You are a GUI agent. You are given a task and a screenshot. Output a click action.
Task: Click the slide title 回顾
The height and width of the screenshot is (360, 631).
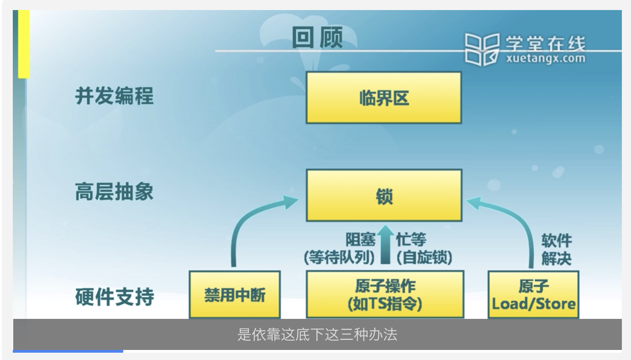click(x=317, y=38)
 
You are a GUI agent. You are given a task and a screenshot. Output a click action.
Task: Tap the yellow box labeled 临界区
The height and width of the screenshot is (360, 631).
click(x=384, y=98)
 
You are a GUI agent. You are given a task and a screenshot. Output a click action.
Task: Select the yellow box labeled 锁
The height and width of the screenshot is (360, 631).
click(x=384, y=196)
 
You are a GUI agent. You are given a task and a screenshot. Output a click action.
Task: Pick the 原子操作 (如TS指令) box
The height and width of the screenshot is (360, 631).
click(x=384, y=295)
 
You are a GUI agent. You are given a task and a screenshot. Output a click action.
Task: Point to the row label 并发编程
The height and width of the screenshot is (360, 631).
click(x=114, y=96)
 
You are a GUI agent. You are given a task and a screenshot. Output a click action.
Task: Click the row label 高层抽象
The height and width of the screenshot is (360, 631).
click(x=114, y=192)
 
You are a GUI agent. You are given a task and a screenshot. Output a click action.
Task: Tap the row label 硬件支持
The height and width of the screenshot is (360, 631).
click(x=114, y=297)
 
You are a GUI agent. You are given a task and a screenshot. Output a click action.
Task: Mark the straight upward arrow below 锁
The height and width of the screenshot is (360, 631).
click(x=386, y=244)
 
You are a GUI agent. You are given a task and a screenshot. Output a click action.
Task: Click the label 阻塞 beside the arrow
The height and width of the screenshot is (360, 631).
click(x=361, y=240)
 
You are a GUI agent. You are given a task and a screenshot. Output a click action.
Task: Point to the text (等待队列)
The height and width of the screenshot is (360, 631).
click(x=339, y=257)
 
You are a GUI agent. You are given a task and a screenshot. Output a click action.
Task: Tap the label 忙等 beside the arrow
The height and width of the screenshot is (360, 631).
click(x=411, y=240)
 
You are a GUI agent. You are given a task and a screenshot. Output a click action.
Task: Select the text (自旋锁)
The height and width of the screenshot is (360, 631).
click(x=424, y=257)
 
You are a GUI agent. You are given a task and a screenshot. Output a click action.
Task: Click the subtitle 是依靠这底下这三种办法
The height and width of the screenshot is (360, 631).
click(x=317, y=334)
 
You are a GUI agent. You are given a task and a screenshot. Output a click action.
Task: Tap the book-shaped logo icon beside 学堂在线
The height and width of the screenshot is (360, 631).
click(x=482, y=49)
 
